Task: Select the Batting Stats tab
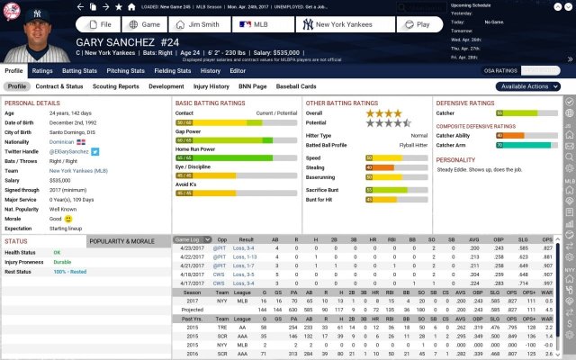(78, 69)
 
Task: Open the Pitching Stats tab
(126, 69)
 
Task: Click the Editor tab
(238, 69)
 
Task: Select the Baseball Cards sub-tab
(296, 86)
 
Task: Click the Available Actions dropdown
(526, 86)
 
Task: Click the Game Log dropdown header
(186, 240)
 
